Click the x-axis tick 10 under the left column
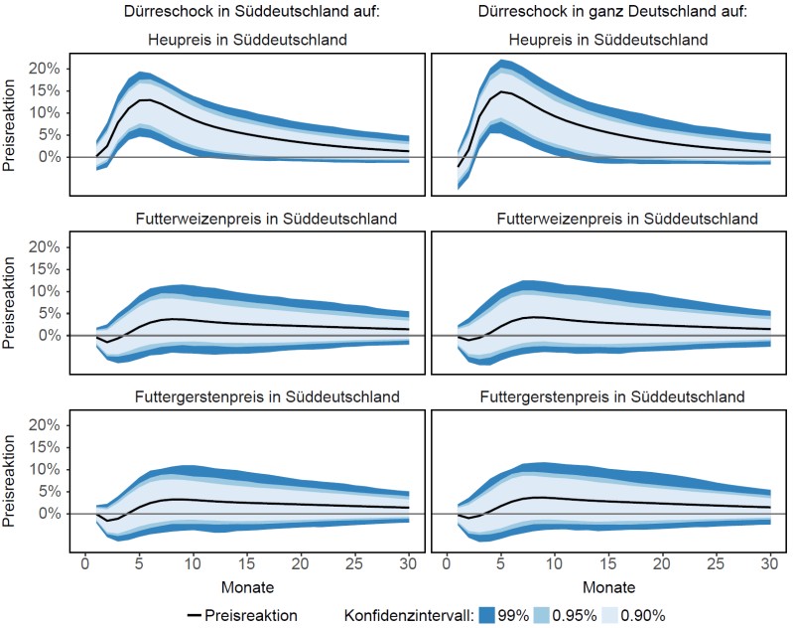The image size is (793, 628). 193,563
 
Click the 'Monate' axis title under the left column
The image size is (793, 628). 247,586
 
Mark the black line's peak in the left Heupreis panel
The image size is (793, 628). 145,100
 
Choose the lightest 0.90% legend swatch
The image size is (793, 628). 607,615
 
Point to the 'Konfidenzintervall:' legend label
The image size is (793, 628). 408,615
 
